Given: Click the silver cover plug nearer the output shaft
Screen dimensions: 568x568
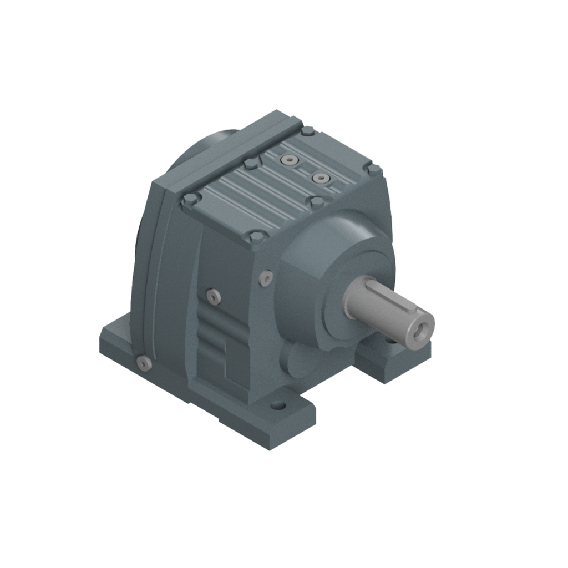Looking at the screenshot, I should [321, 178].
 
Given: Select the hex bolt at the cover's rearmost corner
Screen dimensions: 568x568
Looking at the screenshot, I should [307, 131].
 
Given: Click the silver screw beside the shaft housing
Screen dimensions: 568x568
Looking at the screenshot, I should [267, 276].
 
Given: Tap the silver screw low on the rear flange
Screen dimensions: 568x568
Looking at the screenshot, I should [144, 363].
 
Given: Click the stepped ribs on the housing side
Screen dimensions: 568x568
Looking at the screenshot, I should [214, 338].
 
